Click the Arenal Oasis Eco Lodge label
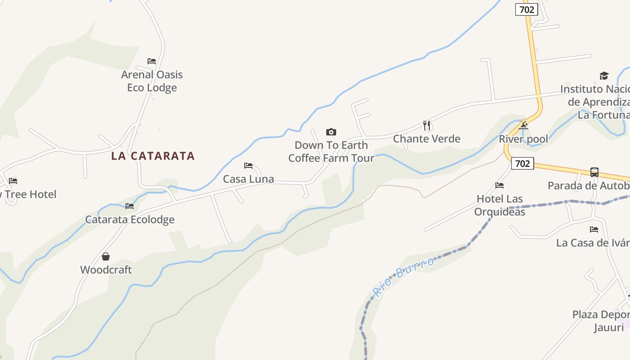coord(152,81)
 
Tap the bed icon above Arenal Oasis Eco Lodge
coord(152,61)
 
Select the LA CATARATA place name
coord(153,156)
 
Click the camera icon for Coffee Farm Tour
coord(331,132)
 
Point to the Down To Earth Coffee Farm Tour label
coord(331,152)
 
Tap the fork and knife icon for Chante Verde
coord(427,125)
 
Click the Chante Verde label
coord(427,139)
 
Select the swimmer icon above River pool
coord(523,126)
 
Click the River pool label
coord(523,139)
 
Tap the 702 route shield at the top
coord(526,9)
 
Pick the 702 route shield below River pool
coord(522,163)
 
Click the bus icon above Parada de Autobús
coord(594,172)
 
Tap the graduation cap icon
coord(603,76)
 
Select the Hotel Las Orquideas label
coord(499,205)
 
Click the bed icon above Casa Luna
coord(248,166)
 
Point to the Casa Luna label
coord(248,179)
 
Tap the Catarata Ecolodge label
coord(130,220)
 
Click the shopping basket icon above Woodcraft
coord(106,256)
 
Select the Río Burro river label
coord(404,276)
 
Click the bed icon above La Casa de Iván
coord(594,229)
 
